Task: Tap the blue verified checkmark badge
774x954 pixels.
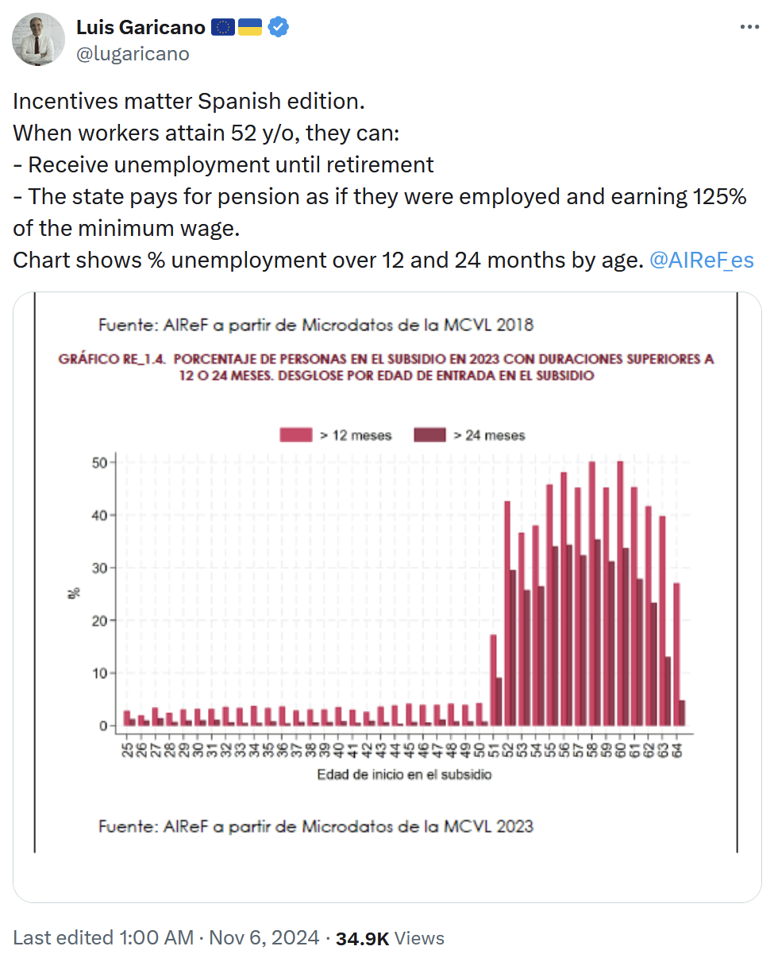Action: point(278,28)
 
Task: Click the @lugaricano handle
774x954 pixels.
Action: point(133,53)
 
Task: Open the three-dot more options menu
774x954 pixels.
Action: point(749,27)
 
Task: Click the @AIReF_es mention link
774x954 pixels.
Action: point(701,260)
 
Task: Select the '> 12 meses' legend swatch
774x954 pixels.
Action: point(296,435)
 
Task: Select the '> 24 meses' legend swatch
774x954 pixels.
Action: point(429,435)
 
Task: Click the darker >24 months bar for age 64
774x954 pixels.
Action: point(683,713)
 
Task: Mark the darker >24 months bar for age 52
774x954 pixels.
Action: point(513,647)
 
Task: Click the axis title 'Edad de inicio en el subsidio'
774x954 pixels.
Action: point(404,774)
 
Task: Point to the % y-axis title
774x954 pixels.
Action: point(74,593)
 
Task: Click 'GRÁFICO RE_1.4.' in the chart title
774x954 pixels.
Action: point(111,359)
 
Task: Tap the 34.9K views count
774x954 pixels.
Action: point(362,938)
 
